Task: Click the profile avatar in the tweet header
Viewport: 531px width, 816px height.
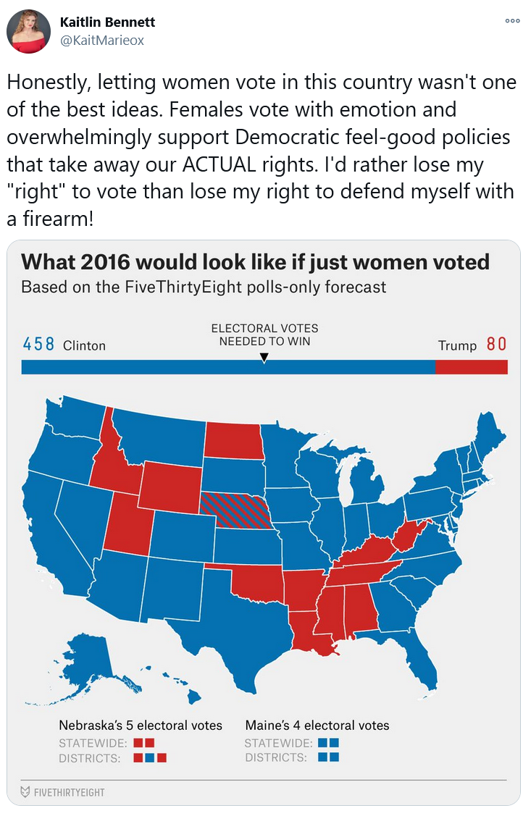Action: click(29, 32)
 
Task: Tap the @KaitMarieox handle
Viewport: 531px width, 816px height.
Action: click(101, 41)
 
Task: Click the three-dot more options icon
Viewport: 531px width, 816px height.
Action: click(512, 21)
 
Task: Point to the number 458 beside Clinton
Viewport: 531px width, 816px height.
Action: click(38, 344)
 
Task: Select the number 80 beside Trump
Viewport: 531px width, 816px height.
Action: click(496, 344)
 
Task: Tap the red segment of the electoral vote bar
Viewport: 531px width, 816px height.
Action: click(471, 367)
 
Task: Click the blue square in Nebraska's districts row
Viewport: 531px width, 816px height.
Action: click(150, 758)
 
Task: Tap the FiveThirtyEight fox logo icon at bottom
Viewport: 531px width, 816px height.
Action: click(25, 791)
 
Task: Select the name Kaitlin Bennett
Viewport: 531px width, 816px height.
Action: click(107, 22)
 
